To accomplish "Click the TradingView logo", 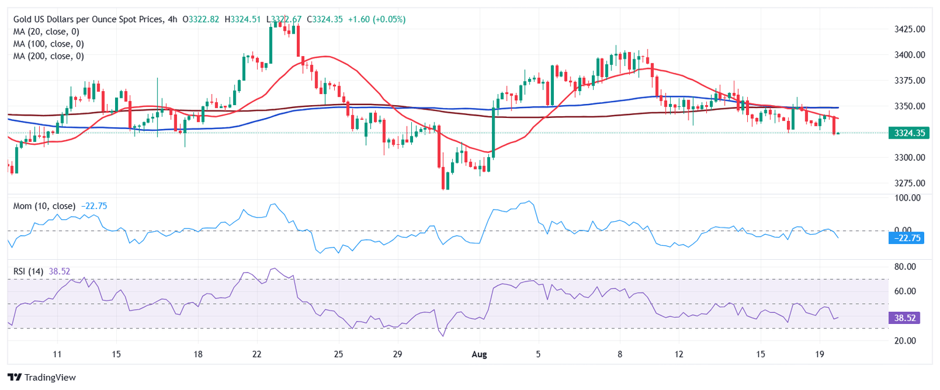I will click(42, 377).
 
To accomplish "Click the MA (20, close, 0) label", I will click(46, 32).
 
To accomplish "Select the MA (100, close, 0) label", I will click(48, 44).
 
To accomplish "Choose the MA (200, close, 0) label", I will click(48, 56).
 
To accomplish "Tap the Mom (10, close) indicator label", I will click(44, 206).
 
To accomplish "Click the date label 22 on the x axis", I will click(257, 354).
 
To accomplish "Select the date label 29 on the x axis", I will click(397, 354).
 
